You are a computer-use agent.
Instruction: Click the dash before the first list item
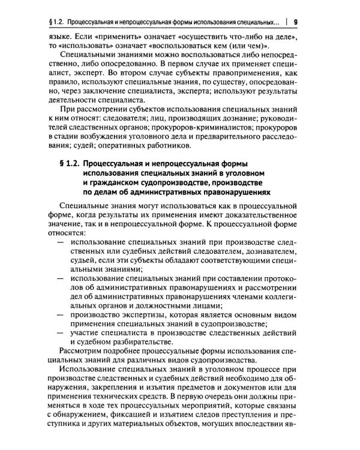[x=59, y=241]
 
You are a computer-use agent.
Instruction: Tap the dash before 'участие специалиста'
[x=59, y=332]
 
